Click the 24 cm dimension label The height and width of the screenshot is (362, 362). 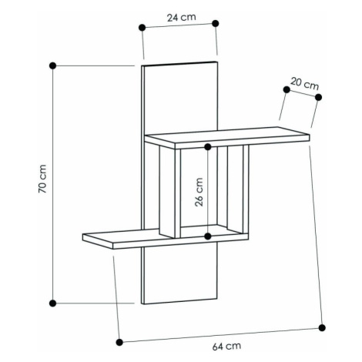[182, 18]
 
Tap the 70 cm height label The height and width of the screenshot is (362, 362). [42, 179]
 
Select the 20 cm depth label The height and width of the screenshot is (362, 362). [305, 84]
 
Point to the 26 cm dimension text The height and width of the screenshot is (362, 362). [199, 192]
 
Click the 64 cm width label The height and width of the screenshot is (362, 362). [226, 347]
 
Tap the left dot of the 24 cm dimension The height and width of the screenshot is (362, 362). [142, 28]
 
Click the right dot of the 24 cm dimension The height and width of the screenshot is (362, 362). [216, 23]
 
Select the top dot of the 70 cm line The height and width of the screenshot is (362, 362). [52, 65]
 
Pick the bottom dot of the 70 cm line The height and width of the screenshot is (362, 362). [52, 303]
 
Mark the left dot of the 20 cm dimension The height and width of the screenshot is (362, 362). [287, 89]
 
